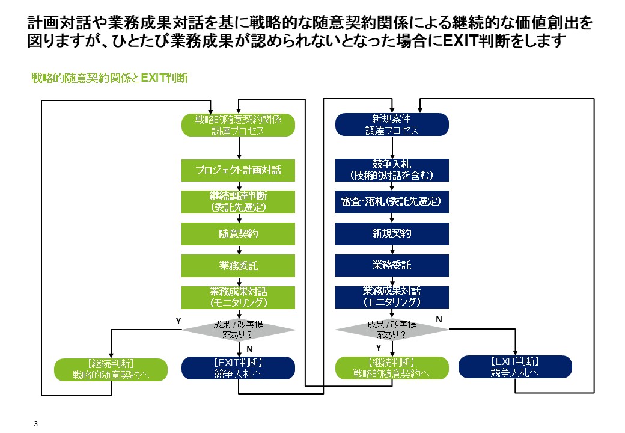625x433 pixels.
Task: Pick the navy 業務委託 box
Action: [392, 265]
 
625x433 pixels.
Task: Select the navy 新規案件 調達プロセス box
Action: [392, 124]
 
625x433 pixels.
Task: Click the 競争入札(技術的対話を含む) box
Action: [392, 170]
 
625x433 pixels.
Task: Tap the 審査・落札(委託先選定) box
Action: [392, 202]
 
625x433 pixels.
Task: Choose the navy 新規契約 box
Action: [392, 233]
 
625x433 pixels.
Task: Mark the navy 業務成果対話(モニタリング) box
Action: [392, 296]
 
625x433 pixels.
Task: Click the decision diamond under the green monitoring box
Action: [239, 330]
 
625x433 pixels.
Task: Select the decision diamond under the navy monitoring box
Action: [392, 330]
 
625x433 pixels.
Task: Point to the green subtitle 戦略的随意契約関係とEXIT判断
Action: [110, 78]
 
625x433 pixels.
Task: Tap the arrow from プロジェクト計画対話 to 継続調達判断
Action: [239, 186]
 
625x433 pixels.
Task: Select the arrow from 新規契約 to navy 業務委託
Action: [392, 250]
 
